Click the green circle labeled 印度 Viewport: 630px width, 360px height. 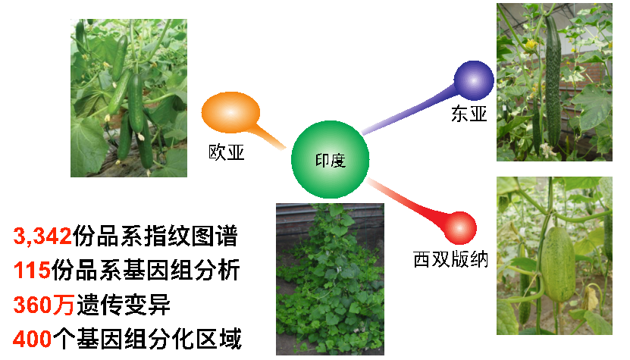tap(330, 159)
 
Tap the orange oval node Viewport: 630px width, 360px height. tap(230, 112)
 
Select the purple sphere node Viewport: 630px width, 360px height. tap(474, 80)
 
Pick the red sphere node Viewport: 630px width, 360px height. tap(460, 228)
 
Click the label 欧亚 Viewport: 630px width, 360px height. tap(226, 152)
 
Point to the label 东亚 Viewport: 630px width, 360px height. tap(469, 114)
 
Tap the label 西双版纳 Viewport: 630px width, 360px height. tap(450, 259)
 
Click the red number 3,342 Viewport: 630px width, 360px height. tap(42, 236)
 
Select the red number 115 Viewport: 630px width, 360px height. tap(32, 270)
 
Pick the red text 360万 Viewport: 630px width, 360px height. tap(43, 305)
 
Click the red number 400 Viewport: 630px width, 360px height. tap(32, 339)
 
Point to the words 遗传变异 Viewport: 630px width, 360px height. tap(124, 305)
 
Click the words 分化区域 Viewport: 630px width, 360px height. tap(196, 339)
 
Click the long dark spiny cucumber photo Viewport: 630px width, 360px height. tap(554, 82)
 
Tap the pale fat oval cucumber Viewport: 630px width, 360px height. tap(558, 264)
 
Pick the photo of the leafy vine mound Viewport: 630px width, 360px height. tap(330, 279)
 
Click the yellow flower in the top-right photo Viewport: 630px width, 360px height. tap(531, 44)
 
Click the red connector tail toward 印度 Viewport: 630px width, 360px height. tap(406, 201)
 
